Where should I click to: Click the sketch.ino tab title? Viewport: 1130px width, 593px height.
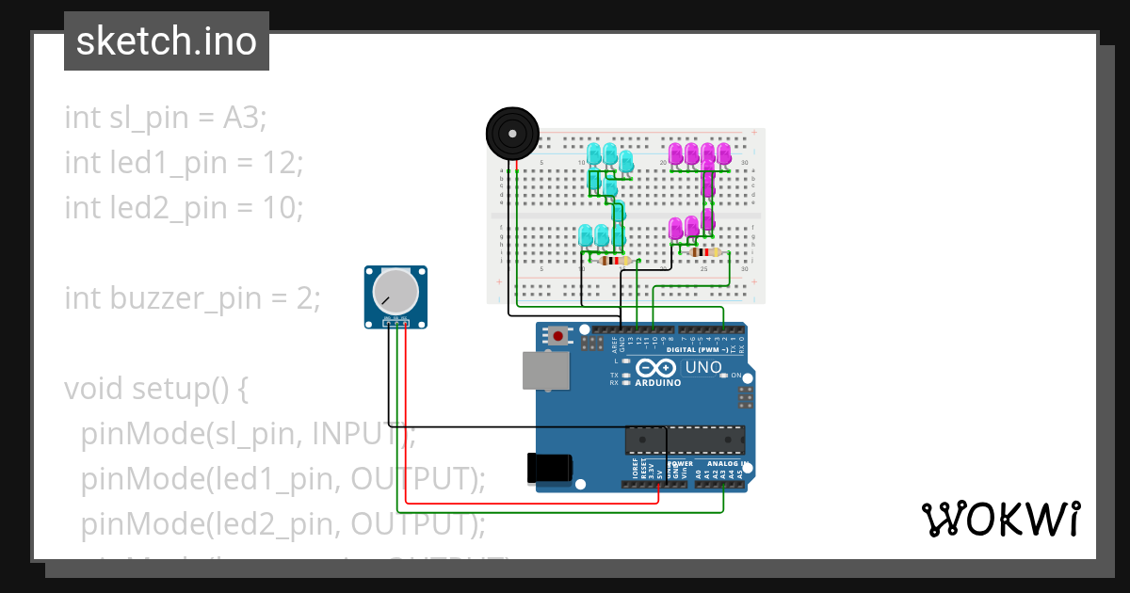167,41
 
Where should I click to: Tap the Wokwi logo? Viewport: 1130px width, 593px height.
1000,519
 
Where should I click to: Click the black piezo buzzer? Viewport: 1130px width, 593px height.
512,135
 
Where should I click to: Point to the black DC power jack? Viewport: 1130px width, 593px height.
550,467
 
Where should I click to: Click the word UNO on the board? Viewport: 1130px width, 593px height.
702,367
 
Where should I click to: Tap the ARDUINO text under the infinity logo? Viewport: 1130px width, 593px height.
657,383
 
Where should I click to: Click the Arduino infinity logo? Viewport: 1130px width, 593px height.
657,368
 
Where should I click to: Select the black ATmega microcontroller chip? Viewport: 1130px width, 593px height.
685,440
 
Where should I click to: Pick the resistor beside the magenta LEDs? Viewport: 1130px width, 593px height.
702,252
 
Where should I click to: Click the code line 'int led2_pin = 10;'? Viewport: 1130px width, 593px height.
184,208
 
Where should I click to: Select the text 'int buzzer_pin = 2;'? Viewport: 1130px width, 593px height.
192,298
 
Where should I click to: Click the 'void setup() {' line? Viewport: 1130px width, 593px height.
155,389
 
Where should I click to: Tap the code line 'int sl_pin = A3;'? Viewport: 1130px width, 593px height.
166,118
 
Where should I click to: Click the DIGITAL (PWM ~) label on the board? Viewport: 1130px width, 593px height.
696,349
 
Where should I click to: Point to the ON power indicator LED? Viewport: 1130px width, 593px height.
723,375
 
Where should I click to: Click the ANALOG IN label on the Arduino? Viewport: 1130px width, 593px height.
725,463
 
